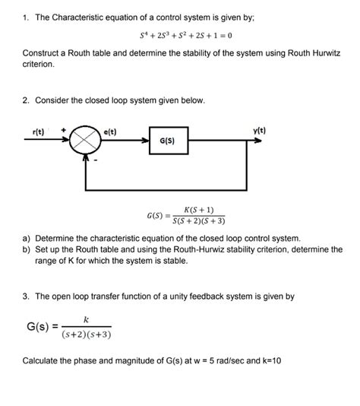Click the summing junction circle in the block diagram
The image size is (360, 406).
pyautogui.click(x=86, y=141)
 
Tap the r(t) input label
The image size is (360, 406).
pyautogui.click(x=39, y=132)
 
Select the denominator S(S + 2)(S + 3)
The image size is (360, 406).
pyautogui.click(x=199, y=221)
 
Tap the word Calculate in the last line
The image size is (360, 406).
pyautogui.click(x=43, y=360)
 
